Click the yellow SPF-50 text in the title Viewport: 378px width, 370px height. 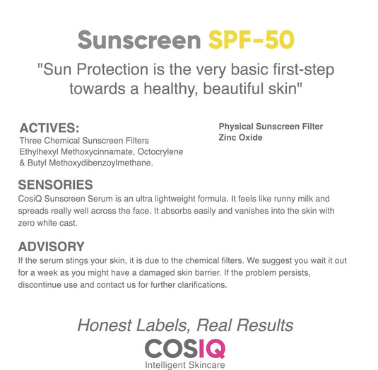[x=251, y=40]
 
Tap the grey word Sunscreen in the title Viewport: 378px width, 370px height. [x=139, y=40]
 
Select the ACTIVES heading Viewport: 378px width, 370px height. [x=49, y=128]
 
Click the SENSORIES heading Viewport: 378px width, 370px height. [x=55, y=185]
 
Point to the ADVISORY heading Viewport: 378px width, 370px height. [x=51, y=247]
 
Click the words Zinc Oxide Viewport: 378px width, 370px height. [x=240, y=137]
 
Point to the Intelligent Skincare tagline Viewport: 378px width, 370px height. [x=185, y=365]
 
